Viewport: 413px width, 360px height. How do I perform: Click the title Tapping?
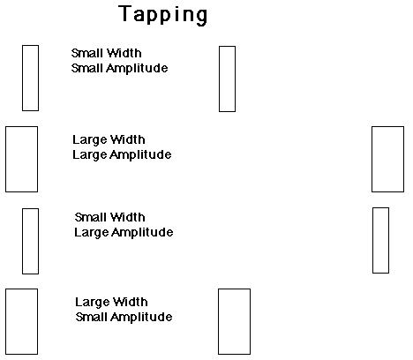click(x=163, y=15)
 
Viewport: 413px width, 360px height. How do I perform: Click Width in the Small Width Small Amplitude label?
click(x=124, y=53)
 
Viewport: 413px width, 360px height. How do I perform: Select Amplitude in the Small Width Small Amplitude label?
click(x=137, y=69)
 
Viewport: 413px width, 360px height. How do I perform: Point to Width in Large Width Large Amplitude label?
click(x=128, y=139)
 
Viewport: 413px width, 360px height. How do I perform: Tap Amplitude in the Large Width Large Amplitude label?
click(x=140, y=155)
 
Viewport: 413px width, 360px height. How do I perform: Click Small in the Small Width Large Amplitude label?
click(x=88, y=217)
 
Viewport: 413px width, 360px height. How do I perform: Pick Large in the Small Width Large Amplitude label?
click(x=92, y=233)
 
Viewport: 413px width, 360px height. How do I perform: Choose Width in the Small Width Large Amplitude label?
click(x=128, y=217)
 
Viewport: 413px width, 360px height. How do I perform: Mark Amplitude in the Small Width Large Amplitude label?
click(x=142, y=233)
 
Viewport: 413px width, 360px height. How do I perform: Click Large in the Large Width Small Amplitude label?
click(x=93, y=302)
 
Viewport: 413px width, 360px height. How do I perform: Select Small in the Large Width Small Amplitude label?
click(x=89, y=317)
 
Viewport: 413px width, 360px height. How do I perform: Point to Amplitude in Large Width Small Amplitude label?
click(x=141, y=318)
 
